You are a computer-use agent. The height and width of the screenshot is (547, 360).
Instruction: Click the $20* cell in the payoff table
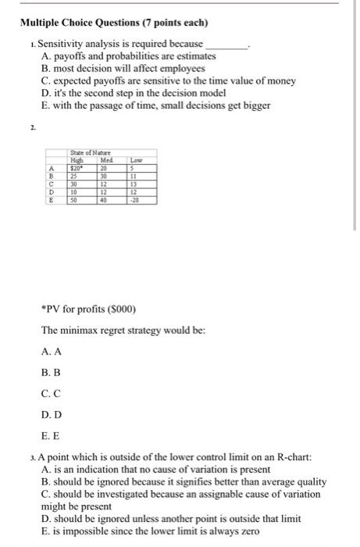[77, 166]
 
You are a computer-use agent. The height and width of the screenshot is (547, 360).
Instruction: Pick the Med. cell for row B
[102, 174]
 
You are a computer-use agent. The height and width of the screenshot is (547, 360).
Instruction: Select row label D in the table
[51, 191]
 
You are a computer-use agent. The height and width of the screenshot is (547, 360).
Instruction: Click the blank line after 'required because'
[226, 45]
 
